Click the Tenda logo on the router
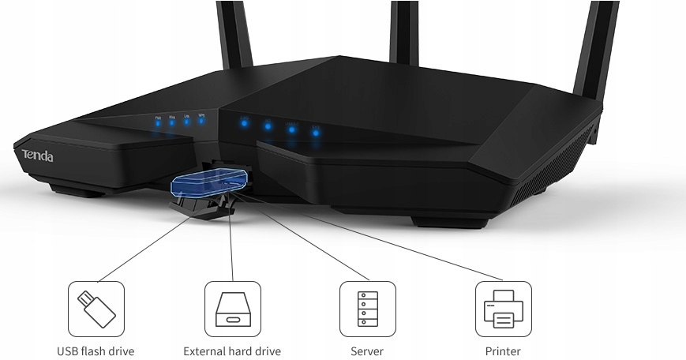coord(37,156)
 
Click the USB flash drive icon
coord(96,309)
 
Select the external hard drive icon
coord(232,309)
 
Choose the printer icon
coord(503,309)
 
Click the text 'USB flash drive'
coord(96,351)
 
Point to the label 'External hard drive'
coord(232,351)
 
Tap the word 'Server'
coord(367,351)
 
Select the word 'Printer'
coord(503,351)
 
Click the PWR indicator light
coord(158,123)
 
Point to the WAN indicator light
coord(172,123)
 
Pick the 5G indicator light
coord(268,126)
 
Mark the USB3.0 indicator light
coord(291,129)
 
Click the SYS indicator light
coord(316,132)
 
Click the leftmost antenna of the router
coord(234,36)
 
